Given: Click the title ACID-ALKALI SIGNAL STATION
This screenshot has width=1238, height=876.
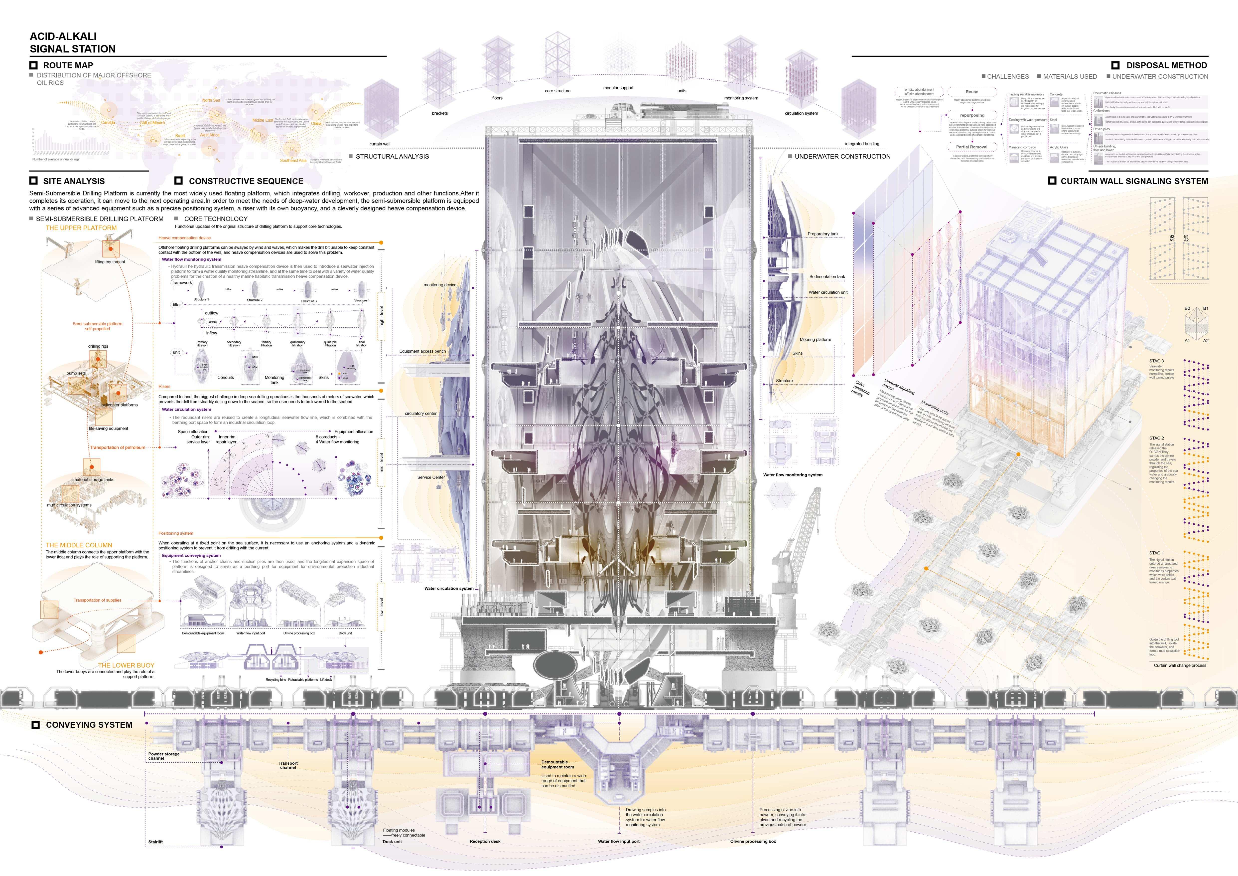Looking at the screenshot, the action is click(72, 43).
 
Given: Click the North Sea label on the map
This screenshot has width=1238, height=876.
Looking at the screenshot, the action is click(211, 100).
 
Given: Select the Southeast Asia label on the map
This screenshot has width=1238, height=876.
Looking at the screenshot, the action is click(293, 160).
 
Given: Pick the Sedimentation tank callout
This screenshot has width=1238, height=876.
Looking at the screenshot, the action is click(826, 277).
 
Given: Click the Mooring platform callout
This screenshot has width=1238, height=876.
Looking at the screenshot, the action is click(815, 340).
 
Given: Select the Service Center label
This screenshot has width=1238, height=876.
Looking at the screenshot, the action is click(431, 477).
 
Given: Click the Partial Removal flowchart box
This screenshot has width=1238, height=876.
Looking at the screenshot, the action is click(972, 147).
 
